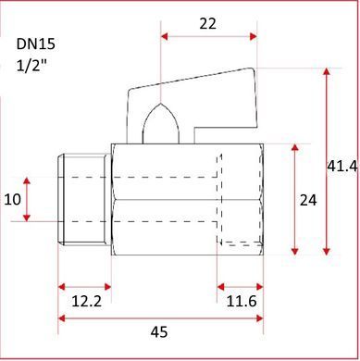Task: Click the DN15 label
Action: point(36,44)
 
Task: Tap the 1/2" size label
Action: point(31,66)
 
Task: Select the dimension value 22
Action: point(208,24)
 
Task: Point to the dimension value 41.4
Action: point(342,167)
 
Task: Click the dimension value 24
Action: point(308,201)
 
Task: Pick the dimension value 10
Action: point(13,200)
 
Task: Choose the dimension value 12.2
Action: point(86,301)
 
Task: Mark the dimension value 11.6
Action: point(242,301)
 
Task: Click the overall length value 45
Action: point(159,332)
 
